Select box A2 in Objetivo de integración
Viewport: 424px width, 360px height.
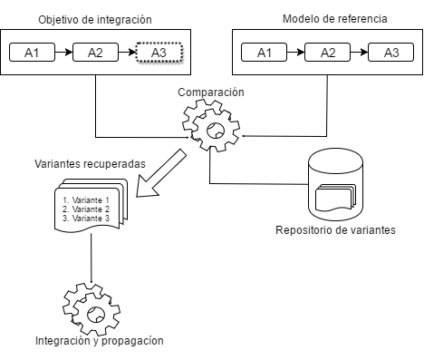(96, 53)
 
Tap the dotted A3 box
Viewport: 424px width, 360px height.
(158, 53)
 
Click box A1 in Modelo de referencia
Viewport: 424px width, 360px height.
(265, 53)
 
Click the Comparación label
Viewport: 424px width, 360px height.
(212, 92)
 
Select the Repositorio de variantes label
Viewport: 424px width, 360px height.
(335, 229)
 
